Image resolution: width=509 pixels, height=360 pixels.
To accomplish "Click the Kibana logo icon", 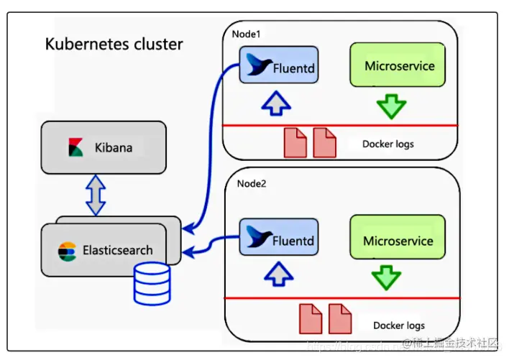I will (76, 148).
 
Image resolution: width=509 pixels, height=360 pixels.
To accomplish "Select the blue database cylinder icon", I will (152, 283).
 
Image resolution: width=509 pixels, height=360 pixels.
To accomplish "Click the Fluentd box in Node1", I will (278, 66).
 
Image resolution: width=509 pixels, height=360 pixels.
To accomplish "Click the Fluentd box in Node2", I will (278, 240).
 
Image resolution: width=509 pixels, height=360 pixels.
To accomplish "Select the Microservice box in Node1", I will (399, 66).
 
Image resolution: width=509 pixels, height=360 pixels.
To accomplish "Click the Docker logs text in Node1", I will (388, 144).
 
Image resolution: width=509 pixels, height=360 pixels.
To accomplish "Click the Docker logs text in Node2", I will (399, 325).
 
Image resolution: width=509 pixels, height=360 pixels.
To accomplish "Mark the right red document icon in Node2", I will (339, 318).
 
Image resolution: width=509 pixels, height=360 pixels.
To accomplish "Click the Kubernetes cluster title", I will (114, 44).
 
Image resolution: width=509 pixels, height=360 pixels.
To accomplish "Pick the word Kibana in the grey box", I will (114, 149).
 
